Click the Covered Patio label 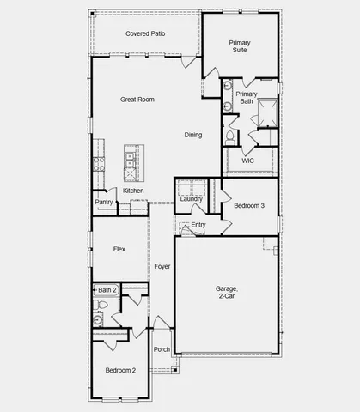pos(145,33)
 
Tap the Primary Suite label pos(241,46)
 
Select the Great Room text pos(137,100)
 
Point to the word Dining pos(193,135)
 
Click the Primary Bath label pos(247,98)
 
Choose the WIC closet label pos(247,161)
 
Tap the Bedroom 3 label pos(249,206)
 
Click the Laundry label pos(192,199)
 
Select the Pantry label pos(104,203)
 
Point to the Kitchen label pos(133,191)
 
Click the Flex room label pos(119,249)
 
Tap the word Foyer pos(162,267)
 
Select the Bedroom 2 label pos(120,370)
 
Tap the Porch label pos(162,349)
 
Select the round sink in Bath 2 pos(98,319)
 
